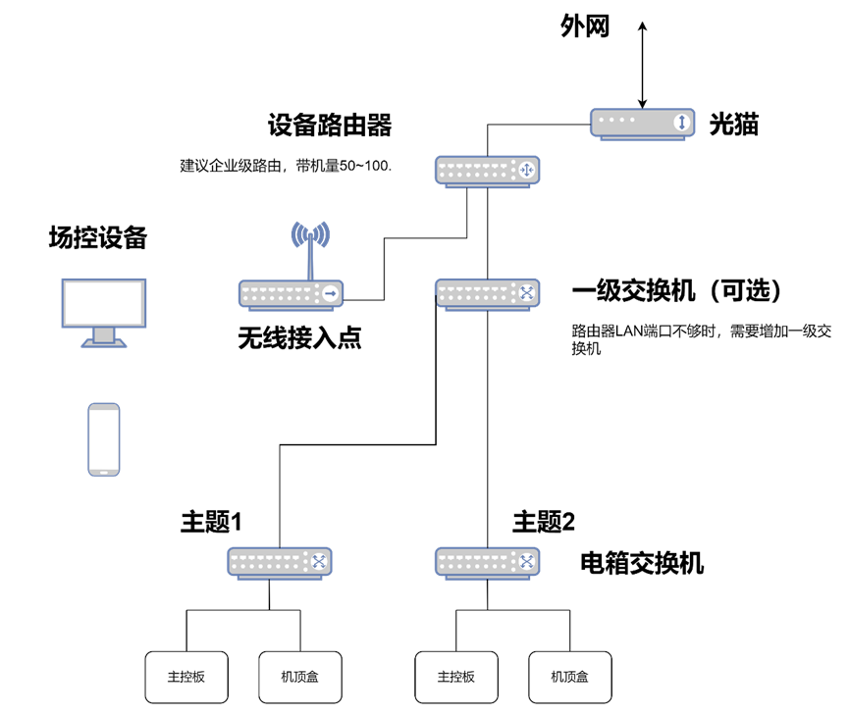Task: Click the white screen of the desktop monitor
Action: point(104,302)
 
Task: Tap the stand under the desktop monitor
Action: point(104,337)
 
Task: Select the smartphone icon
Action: point(104,438)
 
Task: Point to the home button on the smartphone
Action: point(104,471)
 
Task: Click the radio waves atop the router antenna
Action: point(310,234)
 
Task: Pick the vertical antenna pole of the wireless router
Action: point(310,260)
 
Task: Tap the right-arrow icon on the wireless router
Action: point(331,293)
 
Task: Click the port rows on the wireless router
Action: point(280,293)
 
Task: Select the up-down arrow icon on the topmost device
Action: point(682,123)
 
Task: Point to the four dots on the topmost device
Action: point(619,121)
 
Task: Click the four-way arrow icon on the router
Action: point(527,171)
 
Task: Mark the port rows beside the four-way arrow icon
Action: point(476,171)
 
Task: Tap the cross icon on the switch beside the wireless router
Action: point(527,292)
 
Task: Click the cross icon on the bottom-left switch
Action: point(319,561)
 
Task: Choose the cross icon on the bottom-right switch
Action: point(527,561)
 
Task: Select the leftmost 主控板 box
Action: point(186,677)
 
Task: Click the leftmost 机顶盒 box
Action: point(300,677)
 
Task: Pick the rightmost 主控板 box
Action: point(456,677)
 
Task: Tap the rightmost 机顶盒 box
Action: point(570,677)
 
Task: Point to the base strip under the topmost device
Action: point(642,138)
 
